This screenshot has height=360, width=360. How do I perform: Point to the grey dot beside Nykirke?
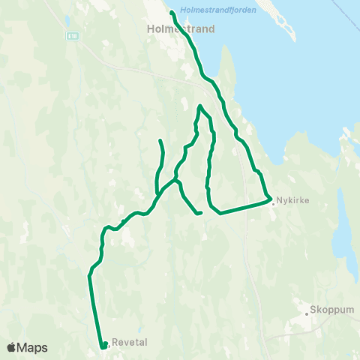coord(273,201)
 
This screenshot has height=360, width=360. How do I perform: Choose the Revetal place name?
coord(129,343)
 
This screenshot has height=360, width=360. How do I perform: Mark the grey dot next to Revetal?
coord(109,344)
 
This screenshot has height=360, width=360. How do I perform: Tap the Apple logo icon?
coord(12,347)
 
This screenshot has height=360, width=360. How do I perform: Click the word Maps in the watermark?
coord(32,347)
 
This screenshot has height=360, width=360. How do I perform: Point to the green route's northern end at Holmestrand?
coord(172,13)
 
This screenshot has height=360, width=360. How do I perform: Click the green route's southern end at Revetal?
coord(102,346)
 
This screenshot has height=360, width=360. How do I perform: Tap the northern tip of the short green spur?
coord(160,141)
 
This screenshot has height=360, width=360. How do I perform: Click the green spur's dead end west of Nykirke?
coord(200,213)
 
